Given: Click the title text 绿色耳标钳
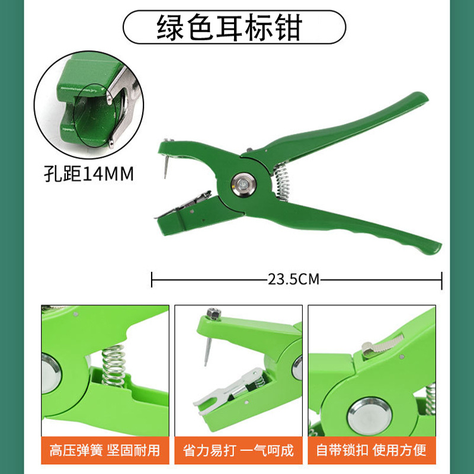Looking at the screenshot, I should pos(229,26).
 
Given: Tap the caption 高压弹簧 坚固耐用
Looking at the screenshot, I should pos(105,450).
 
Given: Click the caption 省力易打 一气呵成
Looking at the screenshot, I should pos(239,450).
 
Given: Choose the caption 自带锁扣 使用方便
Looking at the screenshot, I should pos(371,450).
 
